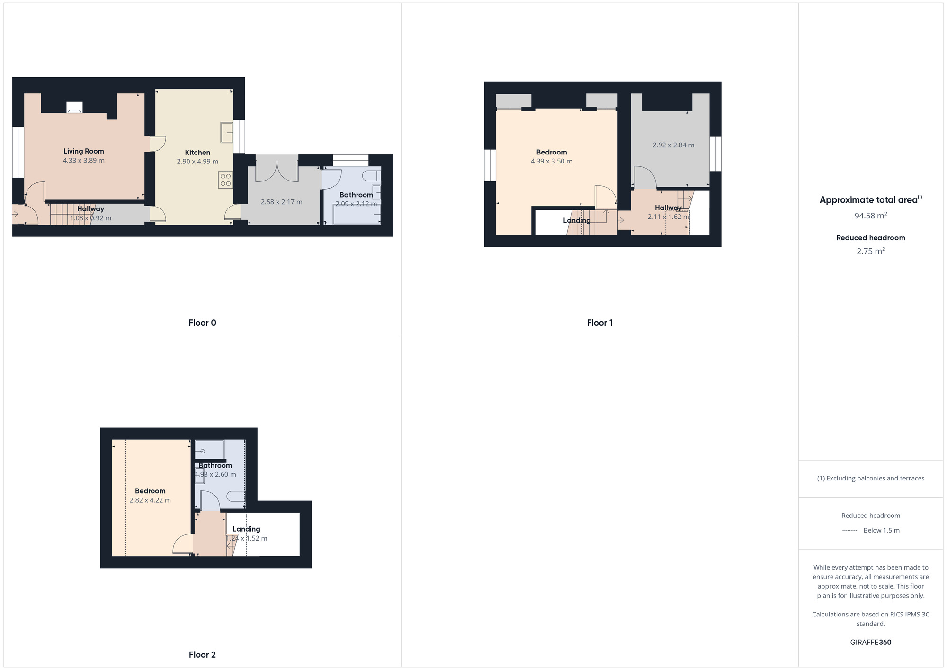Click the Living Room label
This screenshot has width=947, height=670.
[x=84, y=151]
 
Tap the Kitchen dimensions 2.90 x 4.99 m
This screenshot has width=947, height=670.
[x=197, y=162]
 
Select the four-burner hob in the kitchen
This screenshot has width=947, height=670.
[x=225, y=180]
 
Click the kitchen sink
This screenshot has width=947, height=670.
[x=226, y=132]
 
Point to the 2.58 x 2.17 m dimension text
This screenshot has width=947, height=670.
[x=281, y=202]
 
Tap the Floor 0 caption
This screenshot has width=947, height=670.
[x=202, y=323]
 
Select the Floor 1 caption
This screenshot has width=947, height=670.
[x=599, y=323]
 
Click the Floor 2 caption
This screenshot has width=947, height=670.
[x=202, y=655]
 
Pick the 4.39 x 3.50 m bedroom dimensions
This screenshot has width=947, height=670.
[x=551, y=161]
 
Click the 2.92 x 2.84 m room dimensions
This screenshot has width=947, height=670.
[x=673, y=145]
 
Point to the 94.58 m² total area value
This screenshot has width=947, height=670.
[x=870, y=216]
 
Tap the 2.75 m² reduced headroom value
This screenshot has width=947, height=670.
[x=870, y=251]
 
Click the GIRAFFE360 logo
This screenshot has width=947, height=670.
[x=870, y=643]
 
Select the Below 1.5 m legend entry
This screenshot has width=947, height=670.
[x=881, y=530]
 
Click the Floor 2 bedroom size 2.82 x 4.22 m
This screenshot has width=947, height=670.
[x=150, y=500]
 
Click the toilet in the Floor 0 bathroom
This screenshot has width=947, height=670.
[x=371, y=176]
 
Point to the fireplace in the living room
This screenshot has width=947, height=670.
[x=74, y=108]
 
